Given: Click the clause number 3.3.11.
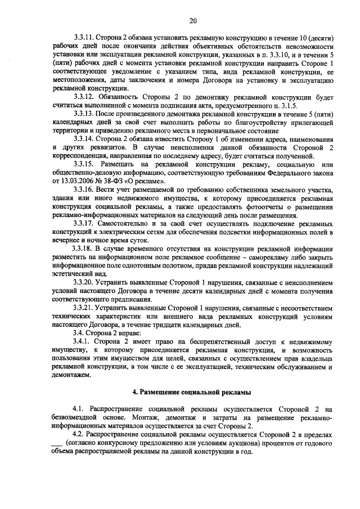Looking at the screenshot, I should point(85,37).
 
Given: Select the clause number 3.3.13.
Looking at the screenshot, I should point(85,114).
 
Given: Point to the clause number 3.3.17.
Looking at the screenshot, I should point(85,224).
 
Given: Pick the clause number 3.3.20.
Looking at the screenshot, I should point(85,282).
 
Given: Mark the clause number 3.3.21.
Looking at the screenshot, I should point(85,308).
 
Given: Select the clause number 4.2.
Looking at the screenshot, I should point(80,436).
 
